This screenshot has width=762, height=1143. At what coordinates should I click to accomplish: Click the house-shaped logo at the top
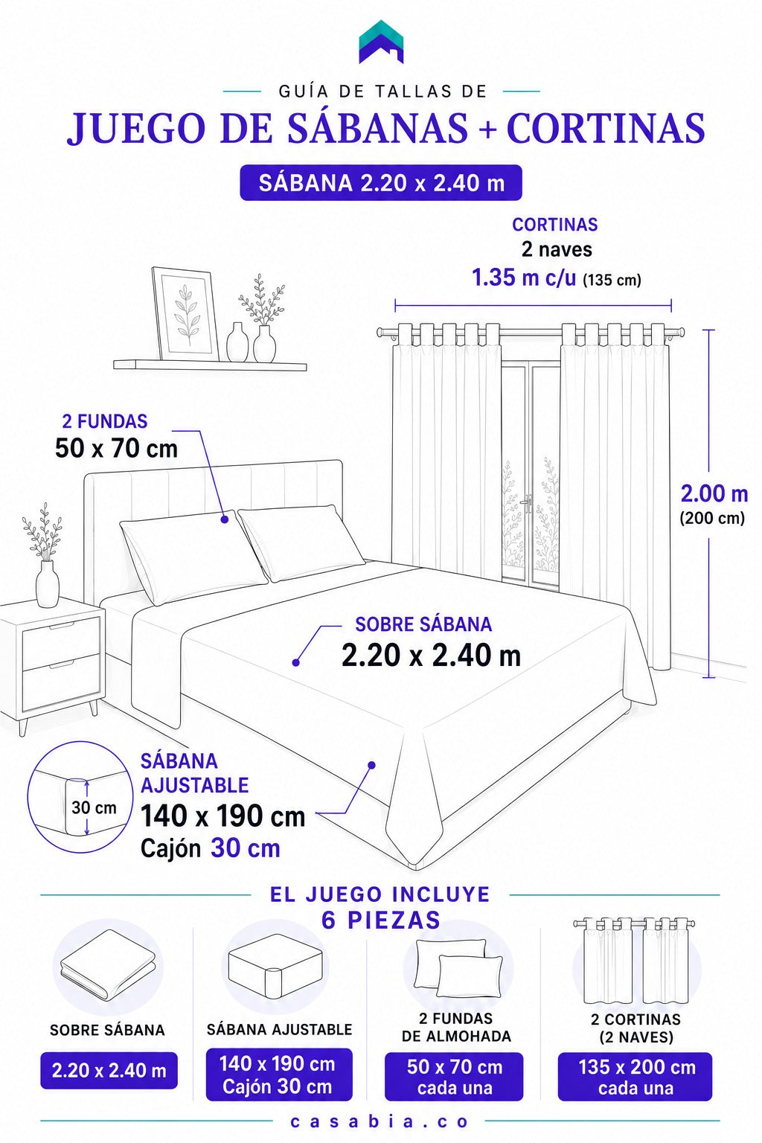pyautogui.click(x=381, y=42)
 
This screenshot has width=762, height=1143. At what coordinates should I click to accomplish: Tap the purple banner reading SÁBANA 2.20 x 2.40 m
pyautogui.click(x=381, y=182)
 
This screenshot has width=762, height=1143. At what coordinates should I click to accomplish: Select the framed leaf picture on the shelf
pyautogui.click(x=185, y=314)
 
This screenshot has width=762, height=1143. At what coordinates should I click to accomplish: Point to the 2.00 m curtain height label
pyautogui.click(x=714, y=494)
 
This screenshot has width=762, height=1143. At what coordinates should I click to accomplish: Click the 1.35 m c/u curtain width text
pyautogui.click(x=524, y=278)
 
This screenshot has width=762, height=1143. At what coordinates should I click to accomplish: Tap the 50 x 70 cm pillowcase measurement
pyautogui.click(x=116, y=449)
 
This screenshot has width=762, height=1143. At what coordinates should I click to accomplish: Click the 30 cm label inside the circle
pyautogui.click(x=94, y=807)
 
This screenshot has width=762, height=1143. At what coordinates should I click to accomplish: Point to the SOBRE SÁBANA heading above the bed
pyautogui.click(x=423, y=624)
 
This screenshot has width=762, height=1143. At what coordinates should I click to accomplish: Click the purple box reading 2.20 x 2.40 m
pyautogui.click(x=109, y=1071)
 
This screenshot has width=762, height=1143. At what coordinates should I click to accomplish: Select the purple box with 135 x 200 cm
pyautogui.click(x=635, y=1076)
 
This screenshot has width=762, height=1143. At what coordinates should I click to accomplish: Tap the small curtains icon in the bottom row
pyautogui.click(x=635, y=961)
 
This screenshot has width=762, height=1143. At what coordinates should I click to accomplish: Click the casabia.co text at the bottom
pyautogui.click(x=380, y=1121)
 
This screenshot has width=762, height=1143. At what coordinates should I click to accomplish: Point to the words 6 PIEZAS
pyautogui.click(x=381, y=920)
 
